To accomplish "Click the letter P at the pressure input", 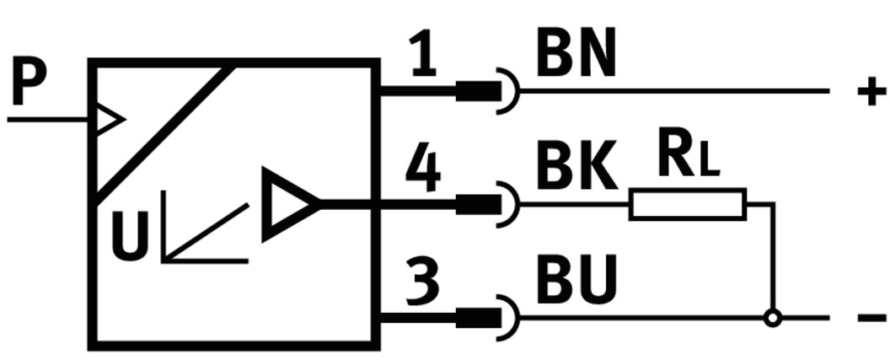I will coord(29,84).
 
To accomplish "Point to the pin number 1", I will coord(424,57).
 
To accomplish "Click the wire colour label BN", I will coord(576,56).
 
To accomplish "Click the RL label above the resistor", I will coord(687,159).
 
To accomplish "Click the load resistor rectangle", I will coord(687,205).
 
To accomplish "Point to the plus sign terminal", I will coord(871,90).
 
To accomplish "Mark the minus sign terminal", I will coord(871,319).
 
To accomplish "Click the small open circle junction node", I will coord(771,319).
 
